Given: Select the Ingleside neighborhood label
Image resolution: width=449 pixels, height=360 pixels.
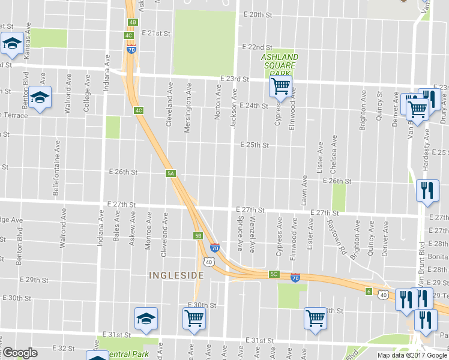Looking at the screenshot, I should tap(176, 275).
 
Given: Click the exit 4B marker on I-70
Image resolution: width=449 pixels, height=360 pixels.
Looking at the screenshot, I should tap(132, 22).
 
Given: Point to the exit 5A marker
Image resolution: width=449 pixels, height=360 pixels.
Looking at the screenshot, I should tap(170, 173).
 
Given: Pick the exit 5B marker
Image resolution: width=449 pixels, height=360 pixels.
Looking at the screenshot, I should tap(197, 236).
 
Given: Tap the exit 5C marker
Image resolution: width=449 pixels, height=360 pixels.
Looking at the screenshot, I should tap(274, 274).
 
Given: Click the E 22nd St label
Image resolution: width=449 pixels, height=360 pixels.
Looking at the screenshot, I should tap(257, 47).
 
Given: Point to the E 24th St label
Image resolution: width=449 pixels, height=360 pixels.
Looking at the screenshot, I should tap(253, 106).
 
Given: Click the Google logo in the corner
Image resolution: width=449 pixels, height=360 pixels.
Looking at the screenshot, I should tap(19, 353).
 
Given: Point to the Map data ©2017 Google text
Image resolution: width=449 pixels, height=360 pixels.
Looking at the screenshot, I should tap(412, 355).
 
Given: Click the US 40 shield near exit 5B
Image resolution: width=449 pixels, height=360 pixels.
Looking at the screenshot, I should tap(208, 262).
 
